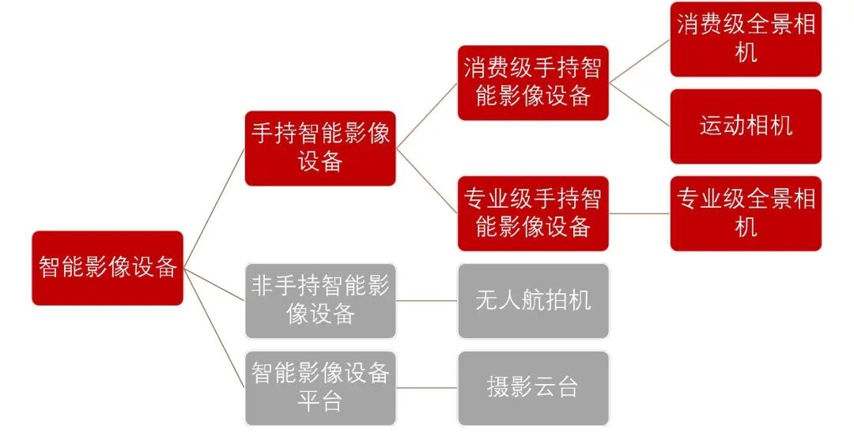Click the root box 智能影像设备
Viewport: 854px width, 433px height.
click(108, 268)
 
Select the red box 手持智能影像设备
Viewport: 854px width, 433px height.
click(320, 149)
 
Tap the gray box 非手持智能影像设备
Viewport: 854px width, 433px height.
click(320, 300)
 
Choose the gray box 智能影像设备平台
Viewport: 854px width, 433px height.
click(320, 387)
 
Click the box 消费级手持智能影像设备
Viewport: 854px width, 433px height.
click(533, 82)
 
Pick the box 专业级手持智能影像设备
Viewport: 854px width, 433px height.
click(533, 213)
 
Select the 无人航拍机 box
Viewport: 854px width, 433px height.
click(533, 300)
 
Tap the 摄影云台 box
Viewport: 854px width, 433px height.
click(533, 387)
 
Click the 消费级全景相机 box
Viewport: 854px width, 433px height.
click(746, 40)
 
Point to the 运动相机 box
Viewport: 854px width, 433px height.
click(746, 126)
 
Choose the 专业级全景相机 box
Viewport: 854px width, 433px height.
click(746, 213)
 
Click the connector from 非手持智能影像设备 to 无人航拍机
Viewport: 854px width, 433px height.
click(426, 300)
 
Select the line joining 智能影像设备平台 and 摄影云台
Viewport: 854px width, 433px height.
click(426, 387)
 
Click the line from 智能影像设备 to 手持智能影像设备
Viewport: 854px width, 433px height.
click(214, 209)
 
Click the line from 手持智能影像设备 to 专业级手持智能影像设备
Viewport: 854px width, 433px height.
click(426, 181)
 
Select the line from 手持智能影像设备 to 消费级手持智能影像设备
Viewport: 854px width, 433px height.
click(426, 115)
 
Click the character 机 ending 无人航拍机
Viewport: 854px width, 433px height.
click(580, 300)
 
